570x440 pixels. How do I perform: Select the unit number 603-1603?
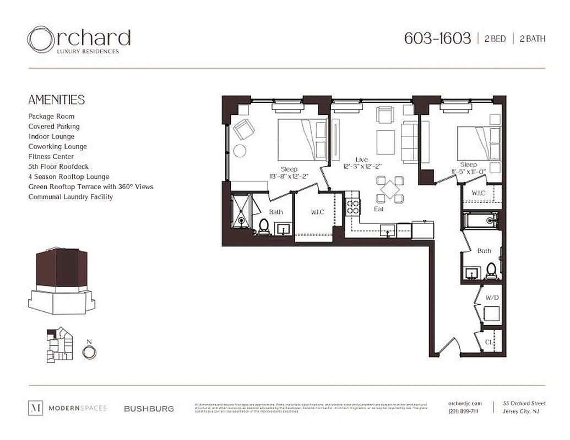[437, 38]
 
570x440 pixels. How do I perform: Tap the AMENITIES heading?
[57, 100]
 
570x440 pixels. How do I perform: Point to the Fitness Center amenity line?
[51, 157]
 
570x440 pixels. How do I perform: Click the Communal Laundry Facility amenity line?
[70, 197]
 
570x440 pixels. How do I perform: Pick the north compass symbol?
[89, 350]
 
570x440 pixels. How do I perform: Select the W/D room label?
[492, 297]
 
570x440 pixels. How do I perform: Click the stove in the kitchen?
[352, 206]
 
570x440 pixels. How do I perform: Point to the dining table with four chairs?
[390, 190]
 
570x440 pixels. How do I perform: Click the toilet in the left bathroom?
[263, 226]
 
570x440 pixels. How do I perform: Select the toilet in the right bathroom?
[491, 270]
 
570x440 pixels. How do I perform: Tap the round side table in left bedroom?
[240, 151]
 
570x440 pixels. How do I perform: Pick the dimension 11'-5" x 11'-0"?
[469, 172]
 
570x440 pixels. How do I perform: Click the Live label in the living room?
[362, 159]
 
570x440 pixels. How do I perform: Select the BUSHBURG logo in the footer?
[149, 409]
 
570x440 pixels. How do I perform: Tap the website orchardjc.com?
[465, 403]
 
